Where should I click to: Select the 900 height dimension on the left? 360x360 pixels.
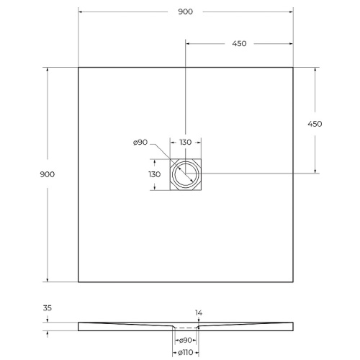48,174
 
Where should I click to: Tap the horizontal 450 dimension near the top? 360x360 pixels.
239,43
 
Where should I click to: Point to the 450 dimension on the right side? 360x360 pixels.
315,123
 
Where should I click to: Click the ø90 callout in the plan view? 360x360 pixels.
140,143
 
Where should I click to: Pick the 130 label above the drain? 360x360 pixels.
186,143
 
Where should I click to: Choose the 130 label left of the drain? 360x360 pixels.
154,174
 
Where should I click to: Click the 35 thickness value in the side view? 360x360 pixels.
48,307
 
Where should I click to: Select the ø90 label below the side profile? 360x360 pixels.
186,339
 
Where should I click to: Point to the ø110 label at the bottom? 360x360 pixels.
185,352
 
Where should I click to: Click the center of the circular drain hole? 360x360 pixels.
186,174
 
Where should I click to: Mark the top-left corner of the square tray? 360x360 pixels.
78,67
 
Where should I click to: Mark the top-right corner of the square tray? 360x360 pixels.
293,67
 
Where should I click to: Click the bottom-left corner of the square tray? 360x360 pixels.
78,282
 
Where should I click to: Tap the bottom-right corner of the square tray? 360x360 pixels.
293,282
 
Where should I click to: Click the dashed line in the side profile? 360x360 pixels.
186,327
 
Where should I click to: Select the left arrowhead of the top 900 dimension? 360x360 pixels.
80,12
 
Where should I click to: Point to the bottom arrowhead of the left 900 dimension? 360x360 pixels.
48,279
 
